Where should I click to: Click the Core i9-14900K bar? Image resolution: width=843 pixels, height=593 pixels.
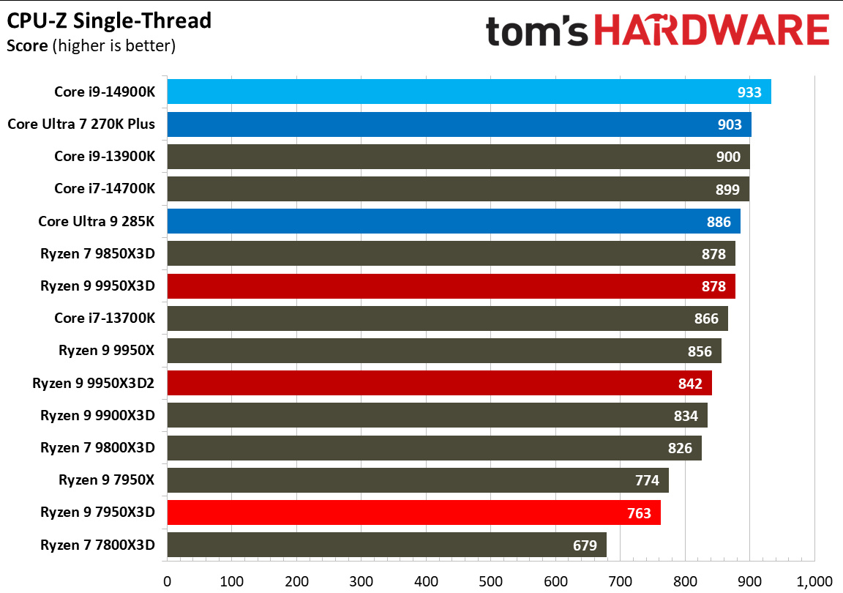tap(468, 92)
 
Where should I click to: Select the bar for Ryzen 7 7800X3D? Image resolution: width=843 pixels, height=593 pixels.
tap(386, 545)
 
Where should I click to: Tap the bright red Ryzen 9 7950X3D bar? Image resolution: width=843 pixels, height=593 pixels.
tap(413, 512)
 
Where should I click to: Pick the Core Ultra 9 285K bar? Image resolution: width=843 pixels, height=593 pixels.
tap(454, 221)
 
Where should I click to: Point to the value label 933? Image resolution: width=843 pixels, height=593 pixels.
tap(749, 92)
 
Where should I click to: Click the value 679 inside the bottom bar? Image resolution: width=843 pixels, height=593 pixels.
tap(585, 545)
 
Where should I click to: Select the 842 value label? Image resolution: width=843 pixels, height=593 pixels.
tap(690, 384)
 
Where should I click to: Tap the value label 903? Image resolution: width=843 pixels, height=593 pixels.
tap(730, 124)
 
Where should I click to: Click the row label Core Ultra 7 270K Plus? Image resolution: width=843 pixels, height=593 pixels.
tap(81, 124)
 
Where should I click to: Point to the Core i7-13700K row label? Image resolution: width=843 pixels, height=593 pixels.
tap(105, 318)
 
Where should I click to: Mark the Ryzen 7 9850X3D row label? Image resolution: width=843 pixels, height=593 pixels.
tap(98, 253)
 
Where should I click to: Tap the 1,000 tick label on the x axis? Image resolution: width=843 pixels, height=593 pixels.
tap(814, 581)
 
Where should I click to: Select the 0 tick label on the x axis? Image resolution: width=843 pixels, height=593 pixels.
tap(168, 581)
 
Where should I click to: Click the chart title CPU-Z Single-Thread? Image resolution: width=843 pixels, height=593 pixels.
tap(109, 20)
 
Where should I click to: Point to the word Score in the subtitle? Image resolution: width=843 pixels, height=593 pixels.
tap(28, 46)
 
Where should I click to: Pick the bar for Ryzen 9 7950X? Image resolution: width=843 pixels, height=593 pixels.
tap(418, 480)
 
